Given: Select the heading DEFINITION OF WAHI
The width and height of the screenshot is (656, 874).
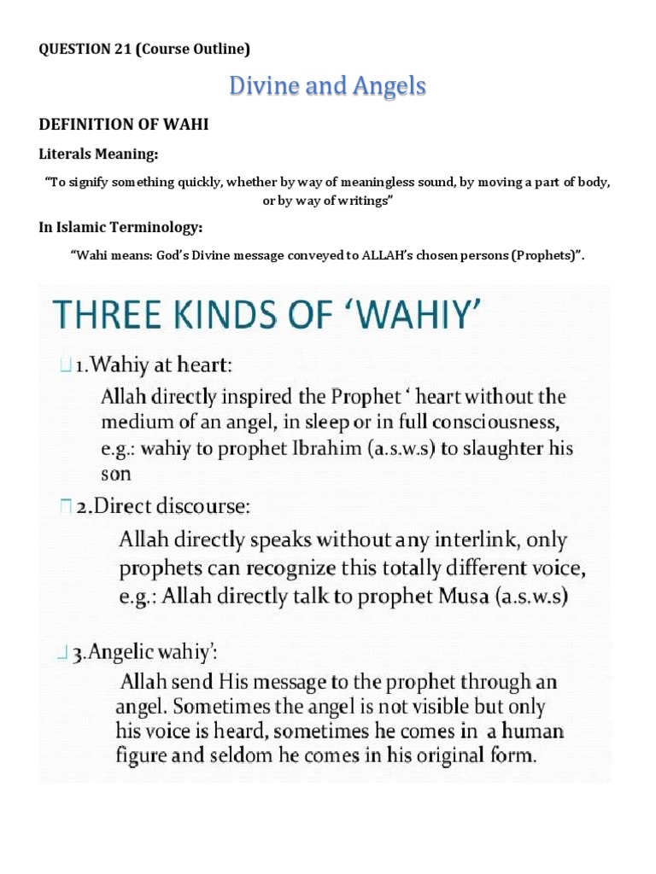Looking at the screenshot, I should [124, 125].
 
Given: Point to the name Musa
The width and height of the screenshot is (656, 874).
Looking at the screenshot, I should [466, 597].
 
